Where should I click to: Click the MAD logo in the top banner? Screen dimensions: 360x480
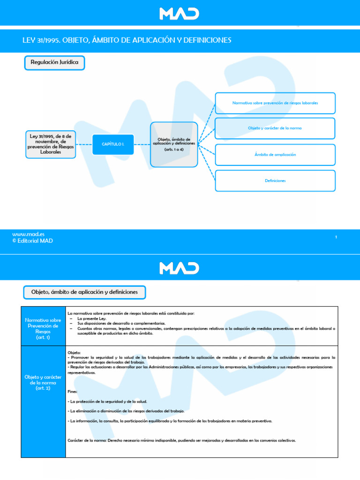click(x=180, y=13)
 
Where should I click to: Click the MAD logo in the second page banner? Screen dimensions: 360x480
click(x=180, y=268)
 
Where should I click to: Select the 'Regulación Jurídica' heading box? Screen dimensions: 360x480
click(x=54, y=62)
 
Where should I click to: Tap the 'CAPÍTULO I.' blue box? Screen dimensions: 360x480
click(x=113, y=144)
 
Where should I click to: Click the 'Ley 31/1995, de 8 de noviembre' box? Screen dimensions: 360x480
click(x=51, y=144)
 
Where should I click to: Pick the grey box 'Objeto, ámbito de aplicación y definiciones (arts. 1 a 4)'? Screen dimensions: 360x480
click(x=173, y=144)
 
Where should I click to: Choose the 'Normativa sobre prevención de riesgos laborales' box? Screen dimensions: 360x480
click(x=275, y=103)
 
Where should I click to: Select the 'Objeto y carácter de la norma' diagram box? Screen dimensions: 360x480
click(x=275, y=128)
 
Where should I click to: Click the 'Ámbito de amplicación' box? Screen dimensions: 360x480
click(x=275, y=155)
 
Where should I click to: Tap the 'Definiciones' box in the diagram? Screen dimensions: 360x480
click(x=275, y=180)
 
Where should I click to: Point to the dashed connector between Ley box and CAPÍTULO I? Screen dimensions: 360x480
click(x=84, y=144)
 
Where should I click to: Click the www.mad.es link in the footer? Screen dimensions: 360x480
click(x=25, y=234)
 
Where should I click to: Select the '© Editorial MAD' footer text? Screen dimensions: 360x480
click(x=32, y=241)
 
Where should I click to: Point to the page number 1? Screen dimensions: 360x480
click(x=336, y=237)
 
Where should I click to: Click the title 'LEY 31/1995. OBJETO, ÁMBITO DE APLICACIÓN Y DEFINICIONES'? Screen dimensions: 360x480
click(x=127, y=41)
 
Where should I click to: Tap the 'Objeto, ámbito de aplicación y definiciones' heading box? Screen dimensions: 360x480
click(x=84, y=292)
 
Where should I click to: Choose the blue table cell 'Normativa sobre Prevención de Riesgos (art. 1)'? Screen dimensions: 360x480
click(x=43, y=326)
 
